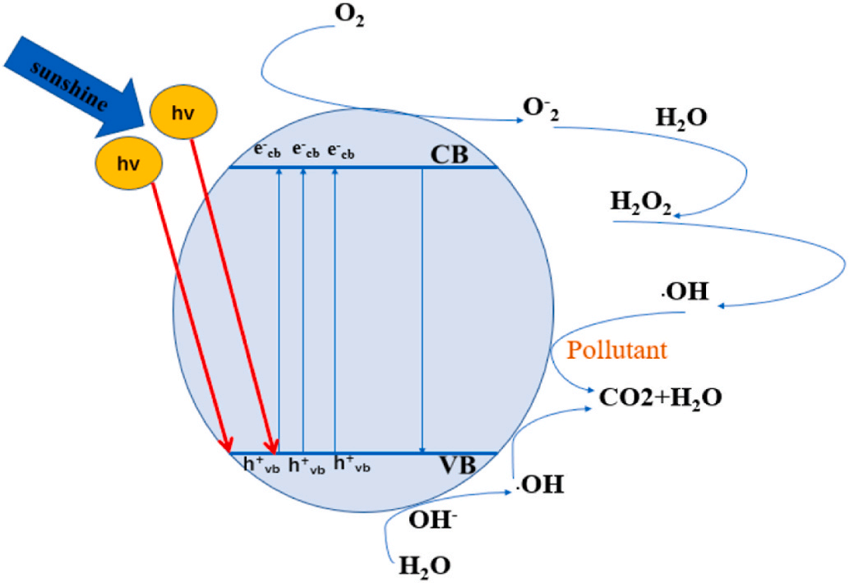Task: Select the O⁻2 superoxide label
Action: click(x=542, y=110)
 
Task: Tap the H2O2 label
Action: click(x=640, y=202)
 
